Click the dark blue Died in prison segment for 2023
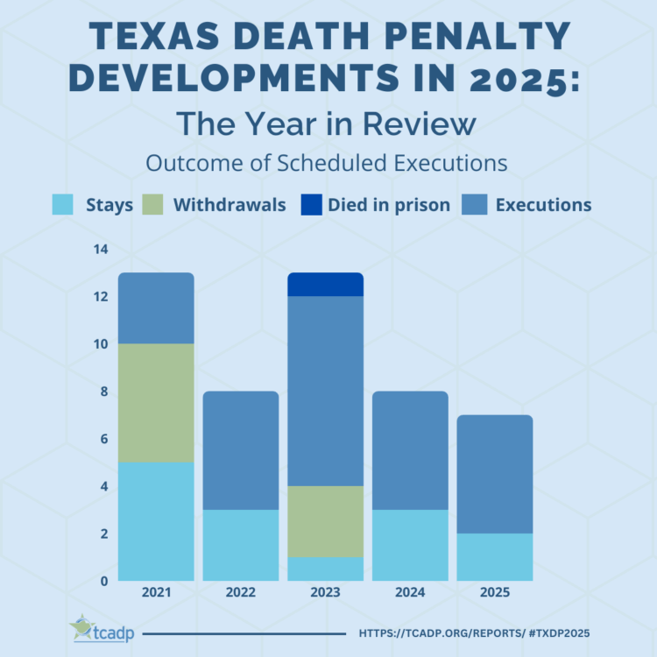pos(326,285)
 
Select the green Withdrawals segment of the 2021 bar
pos(156,402)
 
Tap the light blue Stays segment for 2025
pos(495,556)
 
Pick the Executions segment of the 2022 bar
pos(241,450)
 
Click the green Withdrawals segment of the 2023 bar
pos(326,521)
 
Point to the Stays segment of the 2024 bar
pos(410,544)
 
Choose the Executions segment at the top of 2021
pos(156,307)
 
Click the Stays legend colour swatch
pos(63,205)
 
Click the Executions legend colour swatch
pos(473,205)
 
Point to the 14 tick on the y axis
pos(100,250)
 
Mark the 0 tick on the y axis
pos(102,581)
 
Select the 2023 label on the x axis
pos(326,593)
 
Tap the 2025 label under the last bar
pos(495,593)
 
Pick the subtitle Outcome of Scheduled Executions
pos(327,163)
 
